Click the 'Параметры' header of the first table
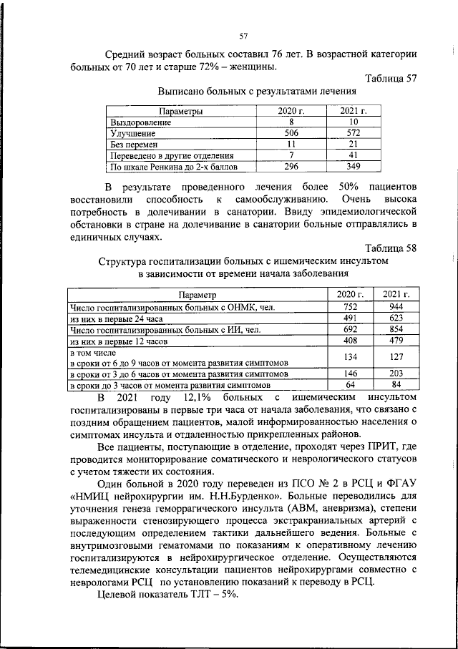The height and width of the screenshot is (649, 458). coord(180,112)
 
